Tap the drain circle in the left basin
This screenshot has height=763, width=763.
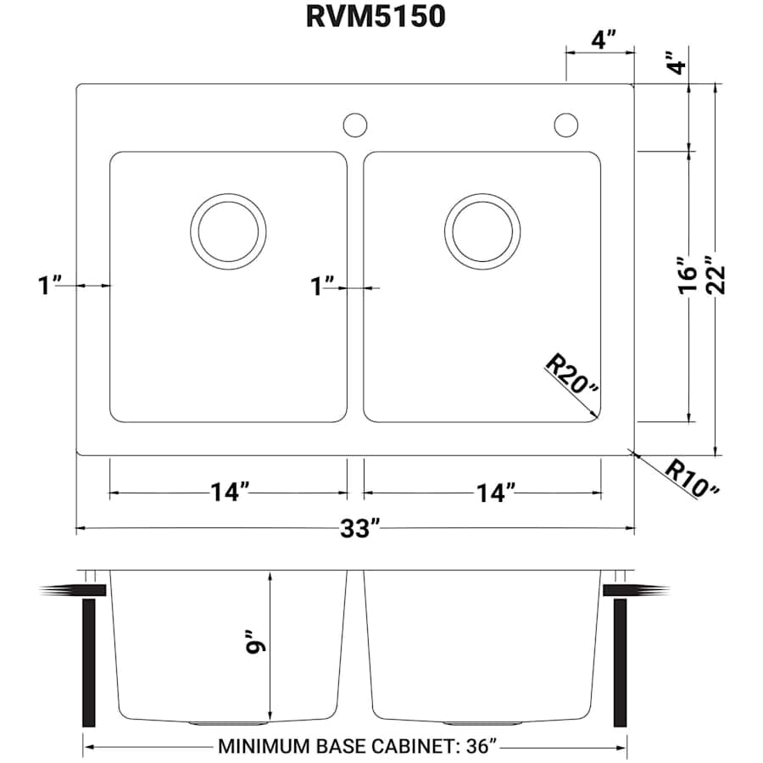pos(227,231)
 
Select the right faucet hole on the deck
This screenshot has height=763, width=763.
pos(565,124)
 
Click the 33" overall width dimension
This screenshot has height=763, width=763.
pos(355,529)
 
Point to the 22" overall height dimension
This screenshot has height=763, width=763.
pos(719,275)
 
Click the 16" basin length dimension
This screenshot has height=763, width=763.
pos(689,275)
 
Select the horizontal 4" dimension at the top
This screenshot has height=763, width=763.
pos(601,40)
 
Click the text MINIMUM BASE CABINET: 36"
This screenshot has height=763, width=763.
pos(356,747)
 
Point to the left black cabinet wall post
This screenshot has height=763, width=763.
pos(88,661)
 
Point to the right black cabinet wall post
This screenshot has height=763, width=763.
pos(620,661)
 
